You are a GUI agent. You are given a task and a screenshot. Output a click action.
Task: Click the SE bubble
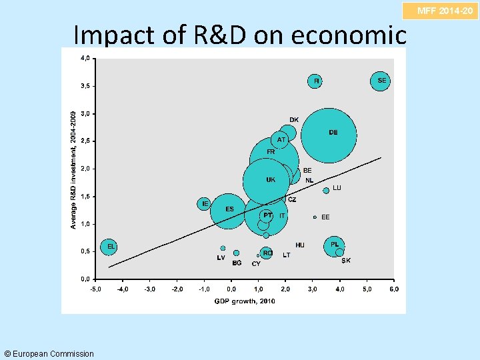381,81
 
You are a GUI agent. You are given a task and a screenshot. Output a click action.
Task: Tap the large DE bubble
328,135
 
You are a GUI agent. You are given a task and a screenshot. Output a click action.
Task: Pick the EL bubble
109,247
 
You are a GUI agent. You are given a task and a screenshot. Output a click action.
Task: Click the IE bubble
205,203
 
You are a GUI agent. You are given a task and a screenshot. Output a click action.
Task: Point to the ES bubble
229,210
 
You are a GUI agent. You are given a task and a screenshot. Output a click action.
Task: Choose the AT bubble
281,140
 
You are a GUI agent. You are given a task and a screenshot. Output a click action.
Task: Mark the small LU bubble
326,191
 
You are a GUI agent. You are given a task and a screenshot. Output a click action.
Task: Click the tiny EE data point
315,217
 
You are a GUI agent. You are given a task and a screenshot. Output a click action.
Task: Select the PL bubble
335,245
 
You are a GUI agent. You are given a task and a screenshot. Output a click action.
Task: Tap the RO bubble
267,253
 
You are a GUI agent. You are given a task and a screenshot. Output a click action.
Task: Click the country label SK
346,261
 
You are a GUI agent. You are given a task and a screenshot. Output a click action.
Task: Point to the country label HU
300,245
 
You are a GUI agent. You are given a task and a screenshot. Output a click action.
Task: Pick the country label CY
256,264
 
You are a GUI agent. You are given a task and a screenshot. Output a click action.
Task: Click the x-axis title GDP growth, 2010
245,301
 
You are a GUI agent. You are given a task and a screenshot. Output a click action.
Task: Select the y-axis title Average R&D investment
73,170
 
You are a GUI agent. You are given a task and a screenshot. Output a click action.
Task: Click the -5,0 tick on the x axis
96,289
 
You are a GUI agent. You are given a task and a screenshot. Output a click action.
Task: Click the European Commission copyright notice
49,353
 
